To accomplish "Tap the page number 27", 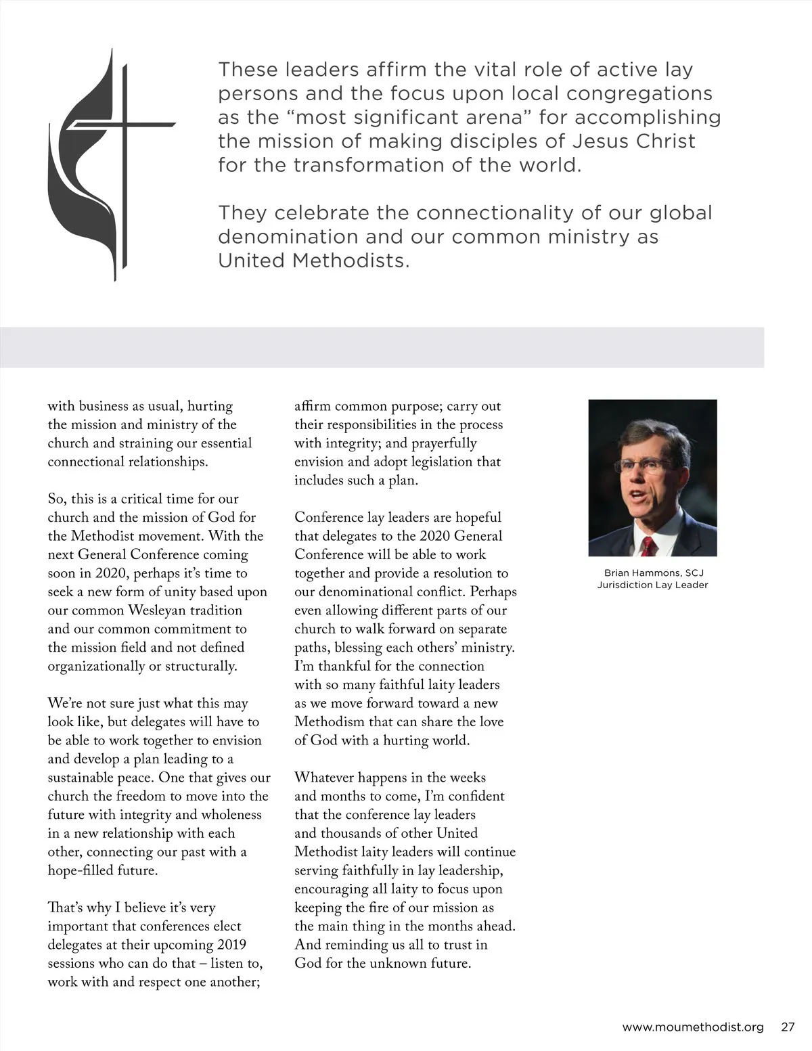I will [788, 1027].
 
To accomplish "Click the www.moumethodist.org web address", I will [692, 1027].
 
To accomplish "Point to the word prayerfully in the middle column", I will [444, 443].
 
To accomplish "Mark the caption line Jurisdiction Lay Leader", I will [652, 585].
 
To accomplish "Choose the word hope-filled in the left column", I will [81, 870].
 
